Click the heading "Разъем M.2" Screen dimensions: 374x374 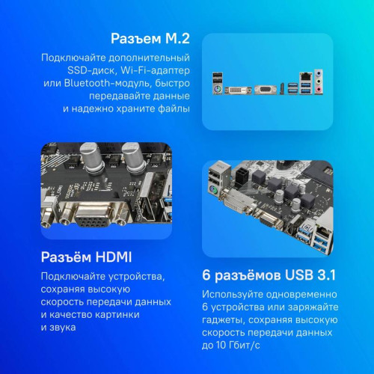tap(149, 38)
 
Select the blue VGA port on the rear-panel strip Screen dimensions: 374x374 tap(263, 88)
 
